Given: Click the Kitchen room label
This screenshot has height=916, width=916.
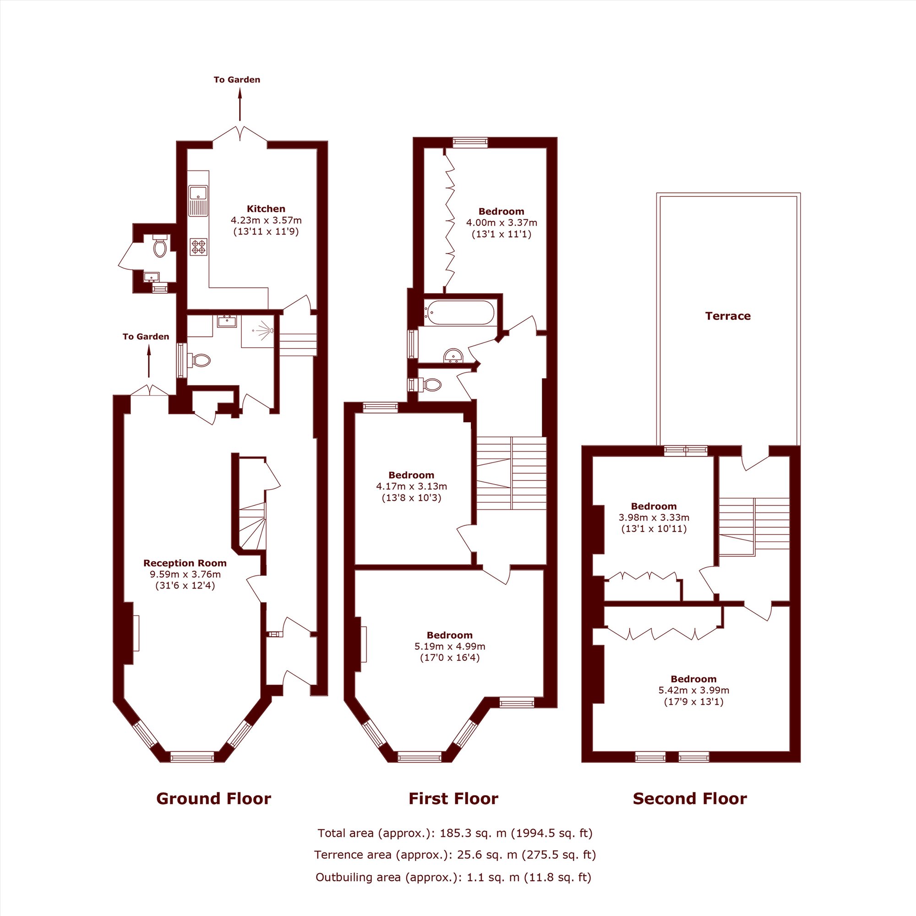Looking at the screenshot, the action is [x=266, y=208].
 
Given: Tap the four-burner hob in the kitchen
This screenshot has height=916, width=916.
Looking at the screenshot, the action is [x=199, y=246].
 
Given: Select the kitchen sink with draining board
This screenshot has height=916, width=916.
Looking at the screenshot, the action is [x=198, y=201].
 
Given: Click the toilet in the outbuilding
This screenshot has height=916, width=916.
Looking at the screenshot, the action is [x=160, y=245].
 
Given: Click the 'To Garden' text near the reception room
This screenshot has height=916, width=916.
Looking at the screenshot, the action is [x=146, y=337].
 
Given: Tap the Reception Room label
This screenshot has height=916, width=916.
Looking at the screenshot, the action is [x=185, y=563].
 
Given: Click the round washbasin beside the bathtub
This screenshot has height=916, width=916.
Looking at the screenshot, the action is [x=453, y=355].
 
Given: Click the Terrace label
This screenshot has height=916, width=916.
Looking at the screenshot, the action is [x=728, y=316].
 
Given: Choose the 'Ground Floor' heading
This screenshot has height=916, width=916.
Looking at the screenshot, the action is [x=214, y=799].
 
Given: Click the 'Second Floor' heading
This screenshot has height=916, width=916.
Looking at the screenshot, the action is [x=690, y=799].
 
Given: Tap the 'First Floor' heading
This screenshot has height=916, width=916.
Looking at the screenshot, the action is [x=453, y=799].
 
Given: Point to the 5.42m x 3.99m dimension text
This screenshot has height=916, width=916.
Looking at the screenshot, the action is [x=693, y=690].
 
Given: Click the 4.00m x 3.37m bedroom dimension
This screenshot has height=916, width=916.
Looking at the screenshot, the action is [x=502, y=223].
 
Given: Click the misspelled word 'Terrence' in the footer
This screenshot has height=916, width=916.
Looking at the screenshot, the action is [x=338, y=855].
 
